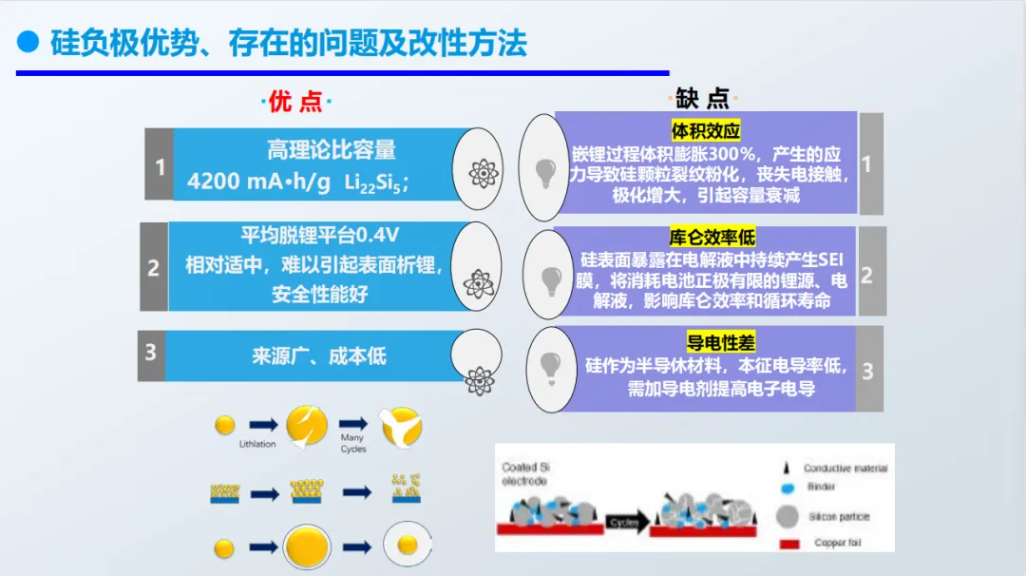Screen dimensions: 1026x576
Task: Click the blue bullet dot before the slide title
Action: (x=28, y=42)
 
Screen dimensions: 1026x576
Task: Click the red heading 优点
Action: (x=296, y=101)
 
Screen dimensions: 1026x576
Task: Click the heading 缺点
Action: (x=704, y=98)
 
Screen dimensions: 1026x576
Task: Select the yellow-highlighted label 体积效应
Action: (x=706, y=131)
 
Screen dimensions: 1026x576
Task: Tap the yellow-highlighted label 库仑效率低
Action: (x=712, y=238)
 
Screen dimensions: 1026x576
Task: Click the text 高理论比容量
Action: (x=331, y=149)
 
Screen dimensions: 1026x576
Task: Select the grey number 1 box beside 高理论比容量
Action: (x=159, y=167)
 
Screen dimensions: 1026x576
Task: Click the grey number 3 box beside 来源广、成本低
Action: (x=150, y=353)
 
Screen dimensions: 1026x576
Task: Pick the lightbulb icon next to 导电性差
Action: (x=548, y=363)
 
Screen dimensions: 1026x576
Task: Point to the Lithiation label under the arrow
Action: (x=257, y=443)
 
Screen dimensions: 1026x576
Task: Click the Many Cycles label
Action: (x=352, y=443)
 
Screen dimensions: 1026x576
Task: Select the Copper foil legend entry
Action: (x=836, y=543)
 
